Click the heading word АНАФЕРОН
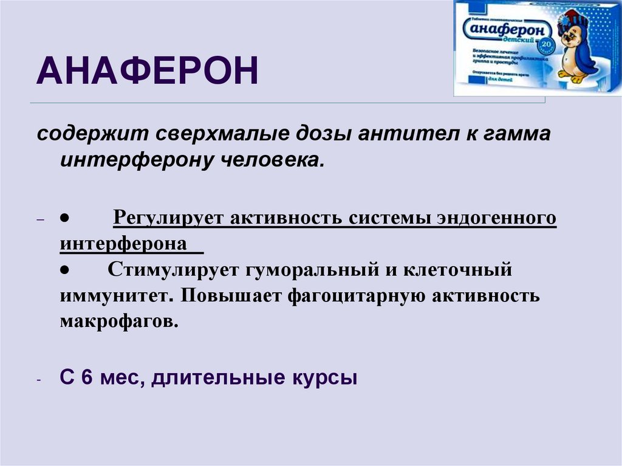click(x=147, y=70)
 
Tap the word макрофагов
click(x=119, y=321)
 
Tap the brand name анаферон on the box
click(x=511, y=28)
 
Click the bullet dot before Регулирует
click(x=63, y=218)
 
